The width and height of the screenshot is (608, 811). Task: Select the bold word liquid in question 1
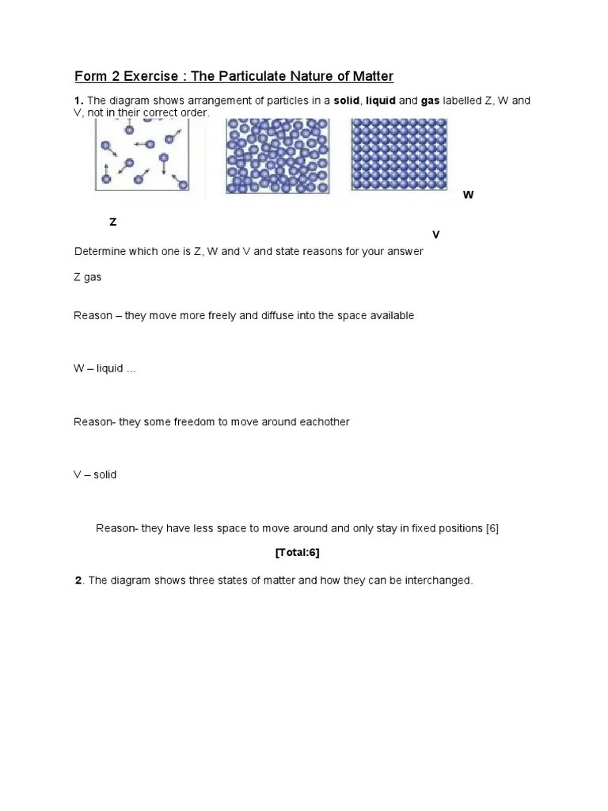coord(380,101)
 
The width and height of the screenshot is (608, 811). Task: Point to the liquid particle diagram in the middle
coord(277,156)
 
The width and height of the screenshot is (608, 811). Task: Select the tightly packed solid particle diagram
coord(399,154)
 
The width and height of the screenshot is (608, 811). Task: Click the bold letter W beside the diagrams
coord(468,195)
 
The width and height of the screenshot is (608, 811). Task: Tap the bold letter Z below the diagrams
coord(113,223)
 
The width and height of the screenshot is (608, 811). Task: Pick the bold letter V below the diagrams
coord(435,235)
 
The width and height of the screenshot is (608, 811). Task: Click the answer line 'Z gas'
coord(87,277)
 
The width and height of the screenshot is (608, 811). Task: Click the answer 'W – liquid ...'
coord(104,369)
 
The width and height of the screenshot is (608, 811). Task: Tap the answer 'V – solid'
coord(95,475)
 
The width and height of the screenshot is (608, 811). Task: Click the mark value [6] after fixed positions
coord(492,528)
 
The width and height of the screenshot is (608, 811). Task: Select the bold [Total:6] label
coord(297,553)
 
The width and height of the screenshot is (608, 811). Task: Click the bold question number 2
coord(78,581)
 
